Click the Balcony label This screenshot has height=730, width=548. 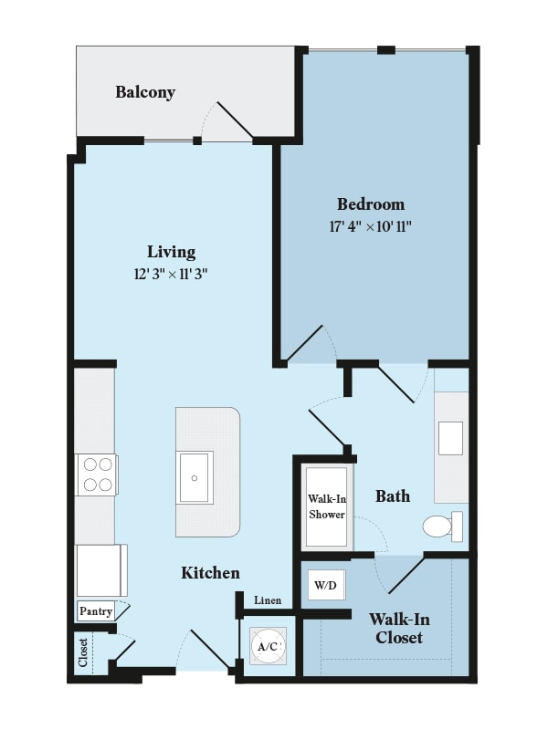coord(145,92)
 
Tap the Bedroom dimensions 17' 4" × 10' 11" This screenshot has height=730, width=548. coord(371,226)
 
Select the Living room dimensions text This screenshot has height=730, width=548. coord(171,274)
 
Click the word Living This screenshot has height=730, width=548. coord(171,252)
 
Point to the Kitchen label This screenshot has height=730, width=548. coord(210,573)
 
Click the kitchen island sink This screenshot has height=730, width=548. coord(195,477)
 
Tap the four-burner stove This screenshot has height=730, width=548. coord(97,475)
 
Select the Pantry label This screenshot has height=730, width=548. coord(96,610)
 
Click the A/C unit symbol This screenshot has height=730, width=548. coord(268,646)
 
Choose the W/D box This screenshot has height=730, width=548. coord(326,585)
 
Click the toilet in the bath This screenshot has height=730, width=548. coord(443,527)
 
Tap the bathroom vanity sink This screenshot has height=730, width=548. coord(450,438)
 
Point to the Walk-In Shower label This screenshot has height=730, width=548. coord(327,506)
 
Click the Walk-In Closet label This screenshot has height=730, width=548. coord(399,628)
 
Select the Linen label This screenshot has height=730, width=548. coord(268,600)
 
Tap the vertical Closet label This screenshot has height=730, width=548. coord(83,652)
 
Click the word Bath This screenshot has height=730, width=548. coord(393,495)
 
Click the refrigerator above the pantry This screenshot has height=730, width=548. coord(101,570)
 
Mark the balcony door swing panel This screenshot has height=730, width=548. coord(236,120)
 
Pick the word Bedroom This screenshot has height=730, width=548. coord(371,204)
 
